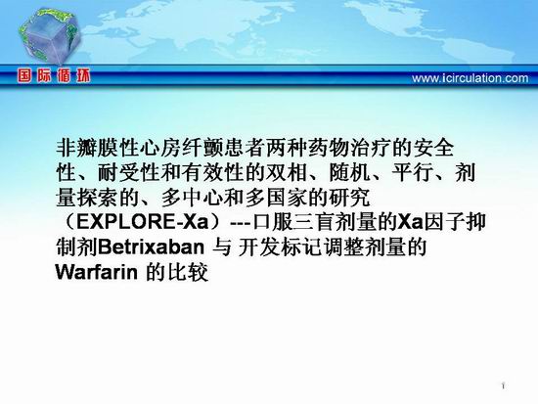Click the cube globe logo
49,35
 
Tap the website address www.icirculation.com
471,78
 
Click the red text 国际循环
54,76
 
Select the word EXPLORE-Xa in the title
143,222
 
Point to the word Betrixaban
151,247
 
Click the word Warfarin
97,272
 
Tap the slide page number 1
504,386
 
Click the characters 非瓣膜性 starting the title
98,148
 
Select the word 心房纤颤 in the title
181,148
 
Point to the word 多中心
192,198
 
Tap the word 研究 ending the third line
349,198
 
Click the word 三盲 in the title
315,222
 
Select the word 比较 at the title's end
188,272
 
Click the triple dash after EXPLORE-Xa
241,223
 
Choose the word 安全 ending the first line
433,148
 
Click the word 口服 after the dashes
273,222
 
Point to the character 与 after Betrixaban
222,247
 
